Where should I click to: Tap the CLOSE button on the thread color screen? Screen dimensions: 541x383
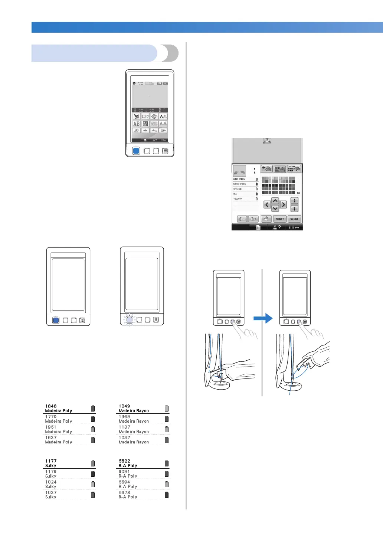point(294,219)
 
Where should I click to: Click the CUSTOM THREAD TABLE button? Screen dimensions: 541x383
point(294,168)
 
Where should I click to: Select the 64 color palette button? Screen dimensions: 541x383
point(266,168)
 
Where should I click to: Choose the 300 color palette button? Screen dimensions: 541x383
point(280,168)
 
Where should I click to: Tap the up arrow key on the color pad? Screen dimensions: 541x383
point(275,201)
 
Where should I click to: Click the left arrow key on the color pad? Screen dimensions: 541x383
point(267,204)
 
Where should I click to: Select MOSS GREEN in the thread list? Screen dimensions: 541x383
point(245,184)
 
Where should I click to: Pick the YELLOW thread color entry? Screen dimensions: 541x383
point(245,199)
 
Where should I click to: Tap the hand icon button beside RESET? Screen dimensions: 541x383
point(266,219)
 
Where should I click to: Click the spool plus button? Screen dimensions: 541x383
point(253,219)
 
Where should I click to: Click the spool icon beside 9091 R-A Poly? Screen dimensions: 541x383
point(167,474)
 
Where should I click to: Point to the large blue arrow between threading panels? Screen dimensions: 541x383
point(263,318)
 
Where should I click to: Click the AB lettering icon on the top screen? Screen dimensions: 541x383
point(137,124)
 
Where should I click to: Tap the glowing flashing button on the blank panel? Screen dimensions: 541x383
point(130,319)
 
